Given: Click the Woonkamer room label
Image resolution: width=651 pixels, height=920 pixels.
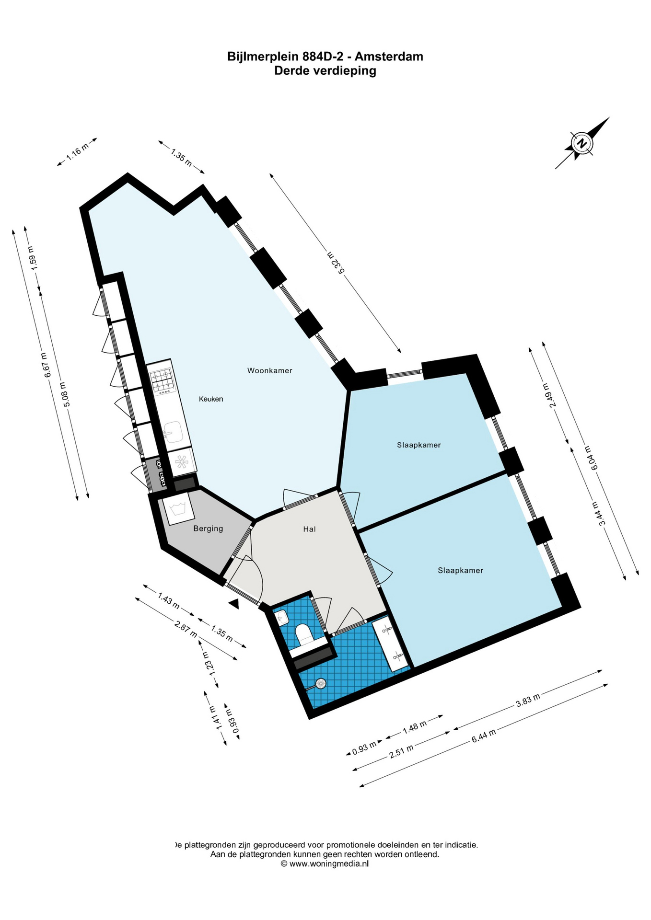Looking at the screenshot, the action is pos(269,370).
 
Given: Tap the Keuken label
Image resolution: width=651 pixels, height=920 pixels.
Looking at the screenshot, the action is pos(211,399).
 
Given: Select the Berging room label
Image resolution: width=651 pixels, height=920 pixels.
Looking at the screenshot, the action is pos(208,529).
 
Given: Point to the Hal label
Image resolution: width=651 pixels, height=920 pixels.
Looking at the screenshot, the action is pos(309,529).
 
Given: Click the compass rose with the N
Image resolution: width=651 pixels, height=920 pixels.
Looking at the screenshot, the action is pos(582,143).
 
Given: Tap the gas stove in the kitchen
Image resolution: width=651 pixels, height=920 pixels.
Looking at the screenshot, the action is pos(162,381).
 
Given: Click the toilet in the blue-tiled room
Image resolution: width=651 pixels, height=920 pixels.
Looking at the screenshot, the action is pos(304,634).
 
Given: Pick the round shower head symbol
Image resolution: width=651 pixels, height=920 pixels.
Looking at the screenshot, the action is pos(321,683).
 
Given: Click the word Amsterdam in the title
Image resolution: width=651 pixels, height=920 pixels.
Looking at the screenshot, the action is pos(389,57).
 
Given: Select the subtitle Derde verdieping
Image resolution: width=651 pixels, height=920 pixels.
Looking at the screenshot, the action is pos(325,71).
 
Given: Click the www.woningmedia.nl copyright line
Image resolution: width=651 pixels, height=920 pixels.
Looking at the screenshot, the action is pos(325,863).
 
